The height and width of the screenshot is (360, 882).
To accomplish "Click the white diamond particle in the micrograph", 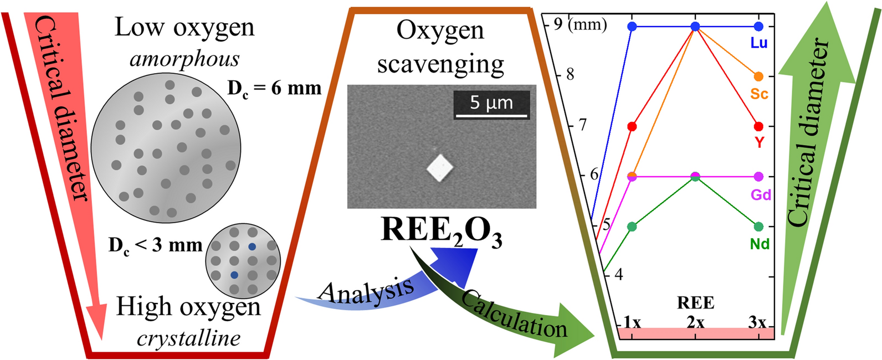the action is pos(440,168).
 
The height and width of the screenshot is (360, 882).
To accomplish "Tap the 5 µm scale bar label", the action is pos(491,102).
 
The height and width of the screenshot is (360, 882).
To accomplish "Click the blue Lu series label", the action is pos(758,43).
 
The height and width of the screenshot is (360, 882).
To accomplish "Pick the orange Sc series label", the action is pos(759,94).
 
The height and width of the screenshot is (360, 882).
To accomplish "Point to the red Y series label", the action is pos(759,142).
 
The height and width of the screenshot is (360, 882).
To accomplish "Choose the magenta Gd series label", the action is pos(761,194).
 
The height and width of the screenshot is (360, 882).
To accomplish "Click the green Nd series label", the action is pos(760,244).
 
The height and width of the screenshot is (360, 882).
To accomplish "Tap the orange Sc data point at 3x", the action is pos(758,76).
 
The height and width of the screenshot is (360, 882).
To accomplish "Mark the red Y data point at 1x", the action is pos(632,127).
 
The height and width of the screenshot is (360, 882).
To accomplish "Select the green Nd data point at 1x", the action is pos(632,227).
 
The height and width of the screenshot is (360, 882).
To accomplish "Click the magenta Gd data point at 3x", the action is pos(758,177).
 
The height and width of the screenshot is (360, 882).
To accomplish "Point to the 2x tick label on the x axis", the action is pos(695,322).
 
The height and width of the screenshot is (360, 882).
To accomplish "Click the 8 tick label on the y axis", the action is pos(570,74).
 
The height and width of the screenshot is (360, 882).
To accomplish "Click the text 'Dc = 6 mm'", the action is pos(274,88).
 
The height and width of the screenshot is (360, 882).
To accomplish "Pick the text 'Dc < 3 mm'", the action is pos(155,245).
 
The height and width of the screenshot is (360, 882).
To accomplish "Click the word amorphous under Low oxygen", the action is pos(184,59).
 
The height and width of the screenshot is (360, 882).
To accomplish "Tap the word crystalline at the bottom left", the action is pos(188,338).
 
